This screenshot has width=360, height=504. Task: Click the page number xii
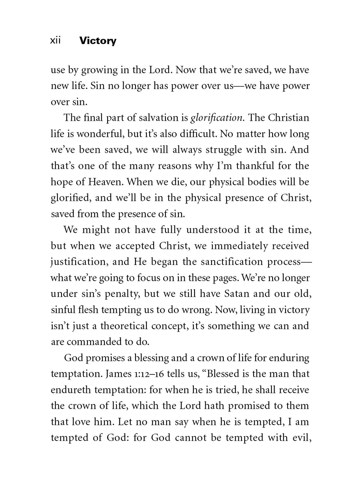tap(56, 41)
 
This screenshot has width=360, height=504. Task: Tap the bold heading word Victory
tap(98, 41)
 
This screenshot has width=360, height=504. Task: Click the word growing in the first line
tap(92, 70)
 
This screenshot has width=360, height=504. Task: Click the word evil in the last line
tap(300, 437)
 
